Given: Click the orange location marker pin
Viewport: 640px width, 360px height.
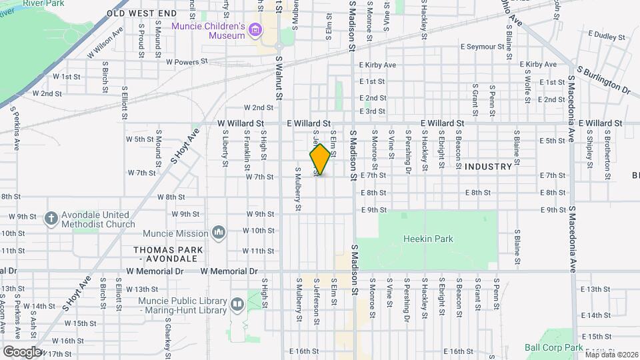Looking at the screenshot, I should pyautogui.click(x=320, y=159).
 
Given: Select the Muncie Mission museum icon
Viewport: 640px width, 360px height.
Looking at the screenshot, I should pyautogui.click(x=218, y=232).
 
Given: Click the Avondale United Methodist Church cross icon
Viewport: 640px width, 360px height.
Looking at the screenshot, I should pyautogui.click(x=51, y=218).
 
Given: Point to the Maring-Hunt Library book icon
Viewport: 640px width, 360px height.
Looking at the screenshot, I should pyautogui.click(x=237, y=305).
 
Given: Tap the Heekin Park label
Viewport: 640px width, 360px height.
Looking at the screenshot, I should pyautogui.click(x=428, y=238).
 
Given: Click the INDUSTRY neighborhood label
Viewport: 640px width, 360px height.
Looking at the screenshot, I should pyautogui.click(x=488, y=166).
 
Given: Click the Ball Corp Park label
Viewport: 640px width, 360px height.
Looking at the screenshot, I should pyautogui.click(x=553, y=347).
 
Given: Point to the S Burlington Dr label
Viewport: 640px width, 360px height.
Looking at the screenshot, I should pyautogui.click(x=603, y=79).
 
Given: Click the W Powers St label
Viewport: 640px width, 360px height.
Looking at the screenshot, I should pyautogui.click(x=187, y=61).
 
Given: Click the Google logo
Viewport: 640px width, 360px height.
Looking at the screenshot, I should pyautogui.click(x=21, y=351).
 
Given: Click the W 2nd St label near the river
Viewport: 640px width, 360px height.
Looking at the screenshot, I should pyautogui.click(x=47, y=93).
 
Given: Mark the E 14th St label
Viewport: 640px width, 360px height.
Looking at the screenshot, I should pyautogui.click(x=595, y=315).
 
